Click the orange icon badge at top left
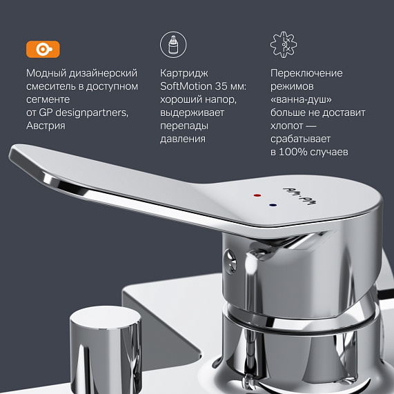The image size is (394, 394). [43, 49]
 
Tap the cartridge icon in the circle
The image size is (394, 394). [173, 46]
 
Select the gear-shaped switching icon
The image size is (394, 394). [283, 45]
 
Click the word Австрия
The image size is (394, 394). [46, 126]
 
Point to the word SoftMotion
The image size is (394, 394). [188, 86]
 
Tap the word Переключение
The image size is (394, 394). [306, 73]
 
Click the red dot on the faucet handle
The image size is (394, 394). [257, 195]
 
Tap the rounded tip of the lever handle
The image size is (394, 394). [21, 159]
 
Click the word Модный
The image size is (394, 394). [46, 73]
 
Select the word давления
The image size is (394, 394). [183, 139]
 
